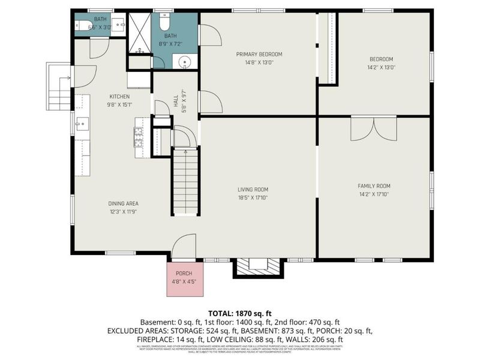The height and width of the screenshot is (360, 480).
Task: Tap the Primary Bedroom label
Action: [x=259, y=54]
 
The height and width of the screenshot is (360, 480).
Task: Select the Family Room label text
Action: [x=374, y=186]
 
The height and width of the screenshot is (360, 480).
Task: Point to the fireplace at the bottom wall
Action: [x=256, y=266]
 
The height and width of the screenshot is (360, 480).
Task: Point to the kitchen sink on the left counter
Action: [x=82, y=124]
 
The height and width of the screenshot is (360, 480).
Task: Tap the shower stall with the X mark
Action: [x=140, y=32]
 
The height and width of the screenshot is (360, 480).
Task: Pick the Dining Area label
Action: [x=107, y=203]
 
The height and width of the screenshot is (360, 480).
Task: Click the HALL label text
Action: [x=176, y=103]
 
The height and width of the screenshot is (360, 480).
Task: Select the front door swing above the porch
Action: [x=182, y=247]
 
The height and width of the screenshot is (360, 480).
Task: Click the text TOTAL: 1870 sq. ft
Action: [x=240, y=313]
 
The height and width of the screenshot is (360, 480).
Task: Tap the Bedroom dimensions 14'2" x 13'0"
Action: [x=381, y=67]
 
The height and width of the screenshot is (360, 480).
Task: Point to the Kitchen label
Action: [x=119, y=97]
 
